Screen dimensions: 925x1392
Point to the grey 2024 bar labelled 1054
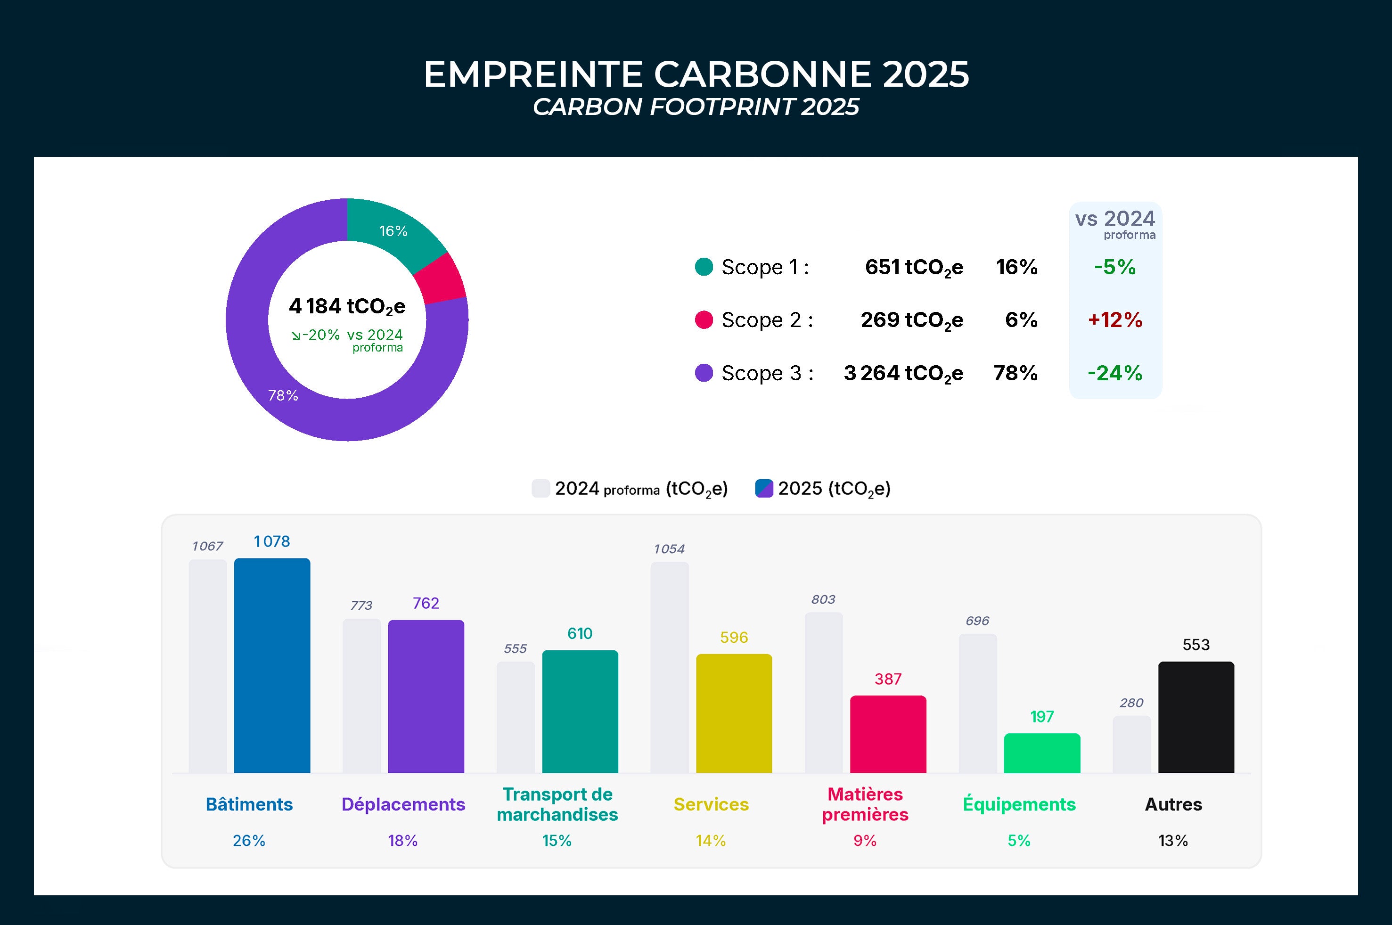coord(670,667)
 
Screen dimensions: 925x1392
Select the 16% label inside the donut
coord(393,231)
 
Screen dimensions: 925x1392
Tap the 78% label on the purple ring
coord(283,395)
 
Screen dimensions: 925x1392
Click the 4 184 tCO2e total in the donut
coord(347,307)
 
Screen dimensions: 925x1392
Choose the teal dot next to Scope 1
coord(704,267)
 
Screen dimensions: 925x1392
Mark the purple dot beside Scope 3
coord(704,373)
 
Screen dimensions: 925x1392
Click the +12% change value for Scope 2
coord(1115,320)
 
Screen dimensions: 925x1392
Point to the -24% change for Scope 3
coord(1115,373)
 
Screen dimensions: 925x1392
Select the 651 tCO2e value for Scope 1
coord(914,267)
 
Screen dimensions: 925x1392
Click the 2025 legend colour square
coord(764,489)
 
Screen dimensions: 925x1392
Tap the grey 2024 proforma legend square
coord(540,489)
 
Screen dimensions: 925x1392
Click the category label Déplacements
coord(403,804)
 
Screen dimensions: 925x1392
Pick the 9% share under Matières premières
coord(865,841)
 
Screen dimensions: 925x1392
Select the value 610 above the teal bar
coord(579,634)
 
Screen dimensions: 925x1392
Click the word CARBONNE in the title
coord(762,74)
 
